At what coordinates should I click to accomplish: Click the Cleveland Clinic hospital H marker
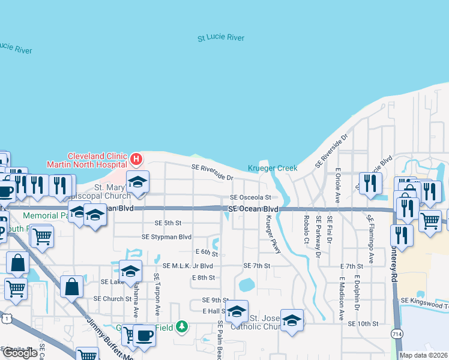point(136,159)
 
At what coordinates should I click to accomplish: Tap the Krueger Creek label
point(273,169)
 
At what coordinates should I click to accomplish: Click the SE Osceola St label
point(251,197)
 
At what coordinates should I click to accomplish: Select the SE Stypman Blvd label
point(166,237)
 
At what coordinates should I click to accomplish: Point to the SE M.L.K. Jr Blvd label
point(187,266)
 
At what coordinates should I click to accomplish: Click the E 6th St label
point(206,252)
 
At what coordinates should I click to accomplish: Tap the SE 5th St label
point(167,223)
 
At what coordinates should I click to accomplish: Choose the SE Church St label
point(112,298)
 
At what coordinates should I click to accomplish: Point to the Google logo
point(20,352)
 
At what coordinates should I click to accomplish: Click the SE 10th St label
point(363,323)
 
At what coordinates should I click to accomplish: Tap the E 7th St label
point(352,266)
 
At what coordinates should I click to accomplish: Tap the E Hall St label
point(214,311)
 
